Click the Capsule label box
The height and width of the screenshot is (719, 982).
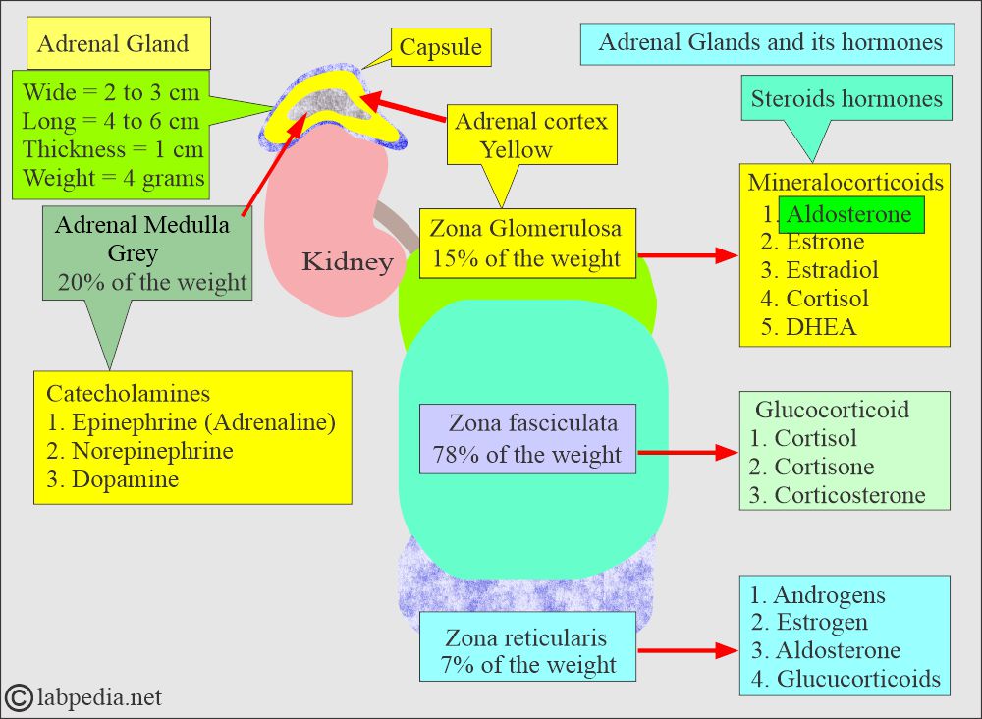[x=442, y=47]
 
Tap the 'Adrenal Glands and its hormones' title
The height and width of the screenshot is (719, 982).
[x=769, y=43]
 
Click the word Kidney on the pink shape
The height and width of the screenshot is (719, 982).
[x=347, y=261]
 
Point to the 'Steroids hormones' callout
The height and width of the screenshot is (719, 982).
[x=846, y=99]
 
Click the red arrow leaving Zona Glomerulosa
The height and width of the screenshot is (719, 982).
[x=687, y=255]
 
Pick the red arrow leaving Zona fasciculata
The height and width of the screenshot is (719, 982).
[x=687, y=453]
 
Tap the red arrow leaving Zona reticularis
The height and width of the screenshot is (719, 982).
[x=687, y=650]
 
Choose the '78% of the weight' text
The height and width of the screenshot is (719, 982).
[x=527, y=455]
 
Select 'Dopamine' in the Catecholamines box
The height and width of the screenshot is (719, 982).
[x=125, y=479]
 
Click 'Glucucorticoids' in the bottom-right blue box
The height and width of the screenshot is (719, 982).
[x=858, y=678]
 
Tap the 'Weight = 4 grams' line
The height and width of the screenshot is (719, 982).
[x=114, y=178]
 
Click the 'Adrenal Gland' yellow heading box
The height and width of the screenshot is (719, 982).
[x=114, y=44]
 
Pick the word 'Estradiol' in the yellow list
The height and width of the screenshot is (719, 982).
[x=832, y=270]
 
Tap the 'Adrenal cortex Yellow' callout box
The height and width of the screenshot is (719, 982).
[x=531, y=136]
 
